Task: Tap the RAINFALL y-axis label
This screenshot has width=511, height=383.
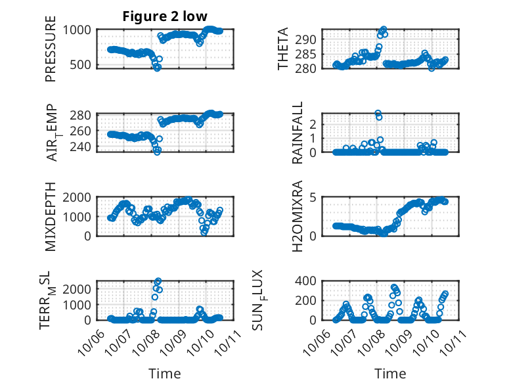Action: [297, 133]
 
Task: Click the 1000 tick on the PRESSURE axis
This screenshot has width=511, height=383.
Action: [79, 30]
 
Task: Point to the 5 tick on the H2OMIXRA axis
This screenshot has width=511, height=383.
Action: [313, 197]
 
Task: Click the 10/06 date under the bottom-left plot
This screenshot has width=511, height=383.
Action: [87, 341]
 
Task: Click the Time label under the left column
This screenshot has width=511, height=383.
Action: [164, 373]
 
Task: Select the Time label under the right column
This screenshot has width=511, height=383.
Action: [390, 373]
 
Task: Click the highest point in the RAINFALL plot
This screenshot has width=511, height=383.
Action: [378, 113]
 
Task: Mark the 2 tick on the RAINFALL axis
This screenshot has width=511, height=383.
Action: [313, 124]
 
